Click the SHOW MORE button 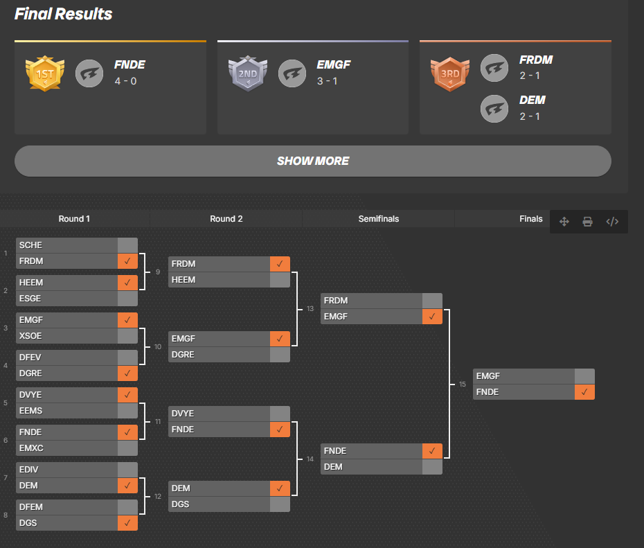coord(312,161)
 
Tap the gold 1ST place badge coord(44,73)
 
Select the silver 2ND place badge coord(247,73)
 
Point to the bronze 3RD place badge coord(450,73)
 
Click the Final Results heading coord(63,14)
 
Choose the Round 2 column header coord(226,219)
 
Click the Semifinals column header coord(378,219)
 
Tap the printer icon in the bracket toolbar coord(587,222)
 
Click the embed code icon coord(611,222)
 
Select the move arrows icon coord(564,222)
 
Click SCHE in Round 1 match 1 coord(66,245)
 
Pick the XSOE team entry coord(66,336)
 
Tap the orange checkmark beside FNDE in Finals coord(584,392)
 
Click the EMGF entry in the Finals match coord(524,376)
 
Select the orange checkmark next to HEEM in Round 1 coord(127,283)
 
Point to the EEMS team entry coord(66,411)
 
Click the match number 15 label coord(463,385)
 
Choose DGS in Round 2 coord(219,504)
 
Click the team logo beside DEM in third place coord(494,107)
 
